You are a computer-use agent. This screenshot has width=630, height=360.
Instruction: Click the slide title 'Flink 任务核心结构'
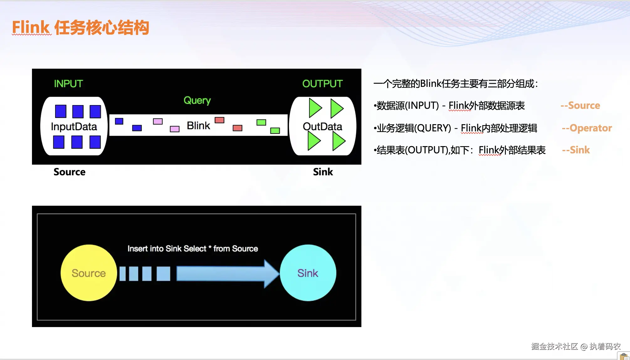click(x=80, y=28)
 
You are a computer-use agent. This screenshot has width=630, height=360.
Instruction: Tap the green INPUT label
click(x=68, y=84)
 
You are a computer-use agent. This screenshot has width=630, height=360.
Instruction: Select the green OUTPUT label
click(x=322, y=84)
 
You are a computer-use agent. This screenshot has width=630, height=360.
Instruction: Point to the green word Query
click(x=197, y=100)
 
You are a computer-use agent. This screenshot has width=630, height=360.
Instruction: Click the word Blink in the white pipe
click(x=198, y=125)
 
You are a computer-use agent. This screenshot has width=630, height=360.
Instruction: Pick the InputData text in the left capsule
click(x=74, y=127)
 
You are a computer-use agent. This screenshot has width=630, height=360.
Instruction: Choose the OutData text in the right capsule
click(x=322, y=126)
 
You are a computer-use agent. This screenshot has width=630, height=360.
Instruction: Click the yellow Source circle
click(x=89, y=273)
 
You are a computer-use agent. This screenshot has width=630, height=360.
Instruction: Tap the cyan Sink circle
click(x=308, y=273)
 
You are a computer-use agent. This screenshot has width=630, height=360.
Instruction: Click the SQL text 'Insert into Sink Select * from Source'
click(x=192, y=249)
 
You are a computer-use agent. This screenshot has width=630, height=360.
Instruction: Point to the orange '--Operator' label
click(x=587, y=128)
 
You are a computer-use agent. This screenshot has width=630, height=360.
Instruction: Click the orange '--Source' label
click(x=580, y=105)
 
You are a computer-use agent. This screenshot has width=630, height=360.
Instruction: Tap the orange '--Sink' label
click(x=576, y=150)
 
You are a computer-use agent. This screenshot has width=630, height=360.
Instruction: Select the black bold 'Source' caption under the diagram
click(x=69, y=172)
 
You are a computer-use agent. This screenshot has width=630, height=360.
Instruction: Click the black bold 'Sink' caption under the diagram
click(x=323, y=172)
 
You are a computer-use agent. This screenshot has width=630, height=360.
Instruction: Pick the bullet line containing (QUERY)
click(x=455, y=128)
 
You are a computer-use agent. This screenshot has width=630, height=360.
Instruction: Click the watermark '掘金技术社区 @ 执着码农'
click(x=576, y=346)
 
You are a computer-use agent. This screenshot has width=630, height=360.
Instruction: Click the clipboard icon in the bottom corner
click(x=624, y=356)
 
